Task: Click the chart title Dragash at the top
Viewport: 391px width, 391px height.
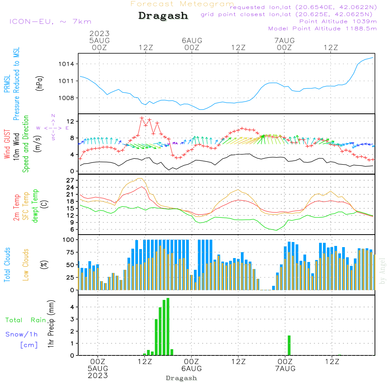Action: point(163,16)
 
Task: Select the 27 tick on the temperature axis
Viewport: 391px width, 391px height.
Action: point(70,180)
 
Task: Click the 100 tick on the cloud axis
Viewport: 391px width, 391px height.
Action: point(68,239)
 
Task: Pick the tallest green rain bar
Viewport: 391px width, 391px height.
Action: point(168,326)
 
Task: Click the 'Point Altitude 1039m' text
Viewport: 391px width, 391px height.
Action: point(338,22)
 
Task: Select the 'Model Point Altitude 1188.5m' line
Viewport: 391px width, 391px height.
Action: point(322,29)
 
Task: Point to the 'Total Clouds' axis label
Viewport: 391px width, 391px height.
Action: point(7,265)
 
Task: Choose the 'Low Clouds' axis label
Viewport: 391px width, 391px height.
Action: point(26,265)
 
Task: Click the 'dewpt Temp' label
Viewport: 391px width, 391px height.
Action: point(35,206)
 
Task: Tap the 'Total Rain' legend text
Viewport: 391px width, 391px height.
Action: point(26,320)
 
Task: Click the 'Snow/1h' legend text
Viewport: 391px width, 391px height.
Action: point(22,334)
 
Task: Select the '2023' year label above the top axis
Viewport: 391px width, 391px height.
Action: point(99,34)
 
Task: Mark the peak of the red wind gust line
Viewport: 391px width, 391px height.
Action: point(142,118)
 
